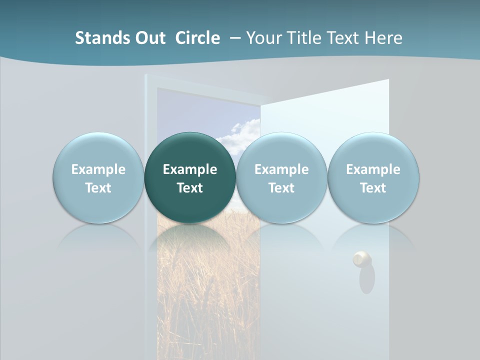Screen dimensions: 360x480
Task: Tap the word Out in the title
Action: coord(149,38)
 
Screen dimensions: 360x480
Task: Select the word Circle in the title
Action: coord(197,38)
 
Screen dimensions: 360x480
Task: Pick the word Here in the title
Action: coord(383,38)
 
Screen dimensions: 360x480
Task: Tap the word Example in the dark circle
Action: coord(190,169)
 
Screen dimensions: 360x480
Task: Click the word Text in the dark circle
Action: coord(190,188)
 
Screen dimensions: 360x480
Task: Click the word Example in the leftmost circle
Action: coord(98,169)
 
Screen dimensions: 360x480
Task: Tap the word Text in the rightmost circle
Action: coord(373,188)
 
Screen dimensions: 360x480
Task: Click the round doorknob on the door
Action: coord(361,258)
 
